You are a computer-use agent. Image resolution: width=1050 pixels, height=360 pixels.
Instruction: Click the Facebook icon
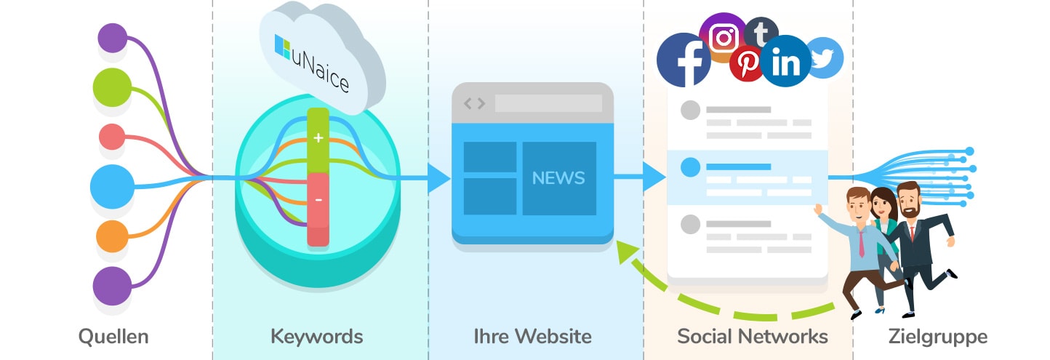684,60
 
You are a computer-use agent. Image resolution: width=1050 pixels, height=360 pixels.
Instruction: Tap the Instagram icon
723,37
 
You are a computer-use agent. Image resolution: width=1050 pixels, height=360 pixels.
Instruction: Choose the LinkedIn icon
786,62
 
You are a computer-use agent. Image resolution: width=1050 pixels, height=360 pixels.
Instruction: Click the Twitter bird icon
824,57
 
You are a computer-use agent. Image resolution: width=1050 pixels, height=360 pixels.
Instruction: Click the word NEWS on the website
558,177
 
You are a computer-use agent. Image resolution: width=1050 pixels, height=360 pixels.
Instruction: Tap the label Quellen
113,336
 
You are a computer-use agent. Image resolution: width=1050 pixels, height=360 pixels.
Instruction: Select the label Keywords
316,336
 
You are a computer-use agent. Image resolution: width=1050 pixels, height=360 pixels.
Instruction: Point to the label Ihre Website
532,336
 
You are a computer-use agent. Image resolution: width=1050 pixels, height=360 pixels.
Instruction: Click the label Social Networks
753,336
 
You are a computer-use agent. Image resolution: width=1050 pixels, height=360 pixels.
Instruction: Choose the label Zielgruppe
938,336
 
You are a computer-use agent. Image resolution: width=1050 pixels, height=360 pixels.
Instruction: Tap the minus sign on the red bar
318,199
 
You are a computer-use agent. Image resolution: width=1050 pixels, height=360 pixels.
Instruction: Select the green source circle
112,88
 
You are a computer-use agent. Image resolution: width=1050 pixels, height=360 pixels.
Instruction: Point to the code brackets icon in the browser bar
473,103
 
